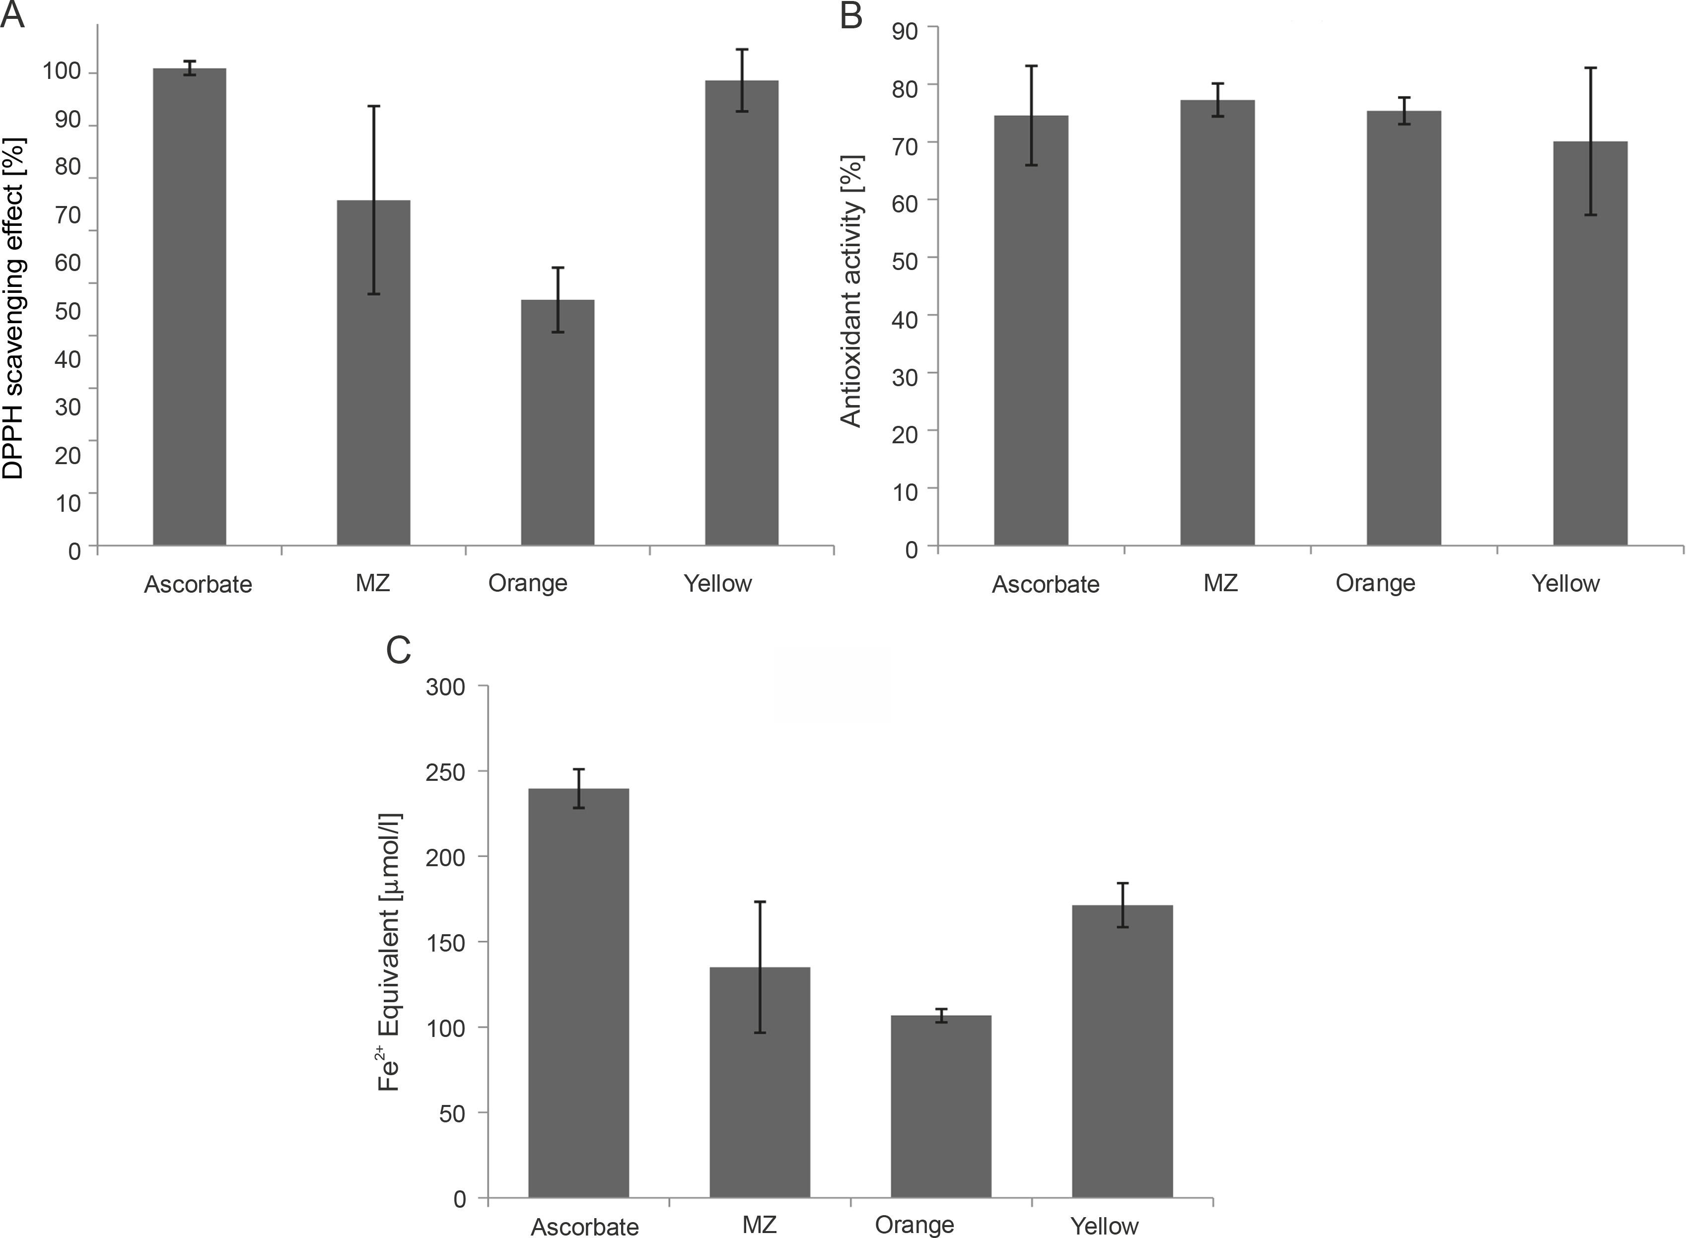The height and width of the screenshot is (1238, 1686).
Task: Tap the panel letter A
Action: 13,15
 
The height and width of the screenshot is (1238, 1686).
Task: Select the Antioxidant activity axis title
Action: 851,291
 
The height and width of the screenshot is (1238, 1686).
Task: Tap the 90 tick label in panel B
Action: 905,31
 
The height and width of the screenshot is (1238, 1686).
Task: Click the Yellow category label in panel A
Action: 717,583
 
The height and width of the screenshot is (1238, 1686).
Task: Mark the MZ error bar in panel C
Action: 760,966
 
